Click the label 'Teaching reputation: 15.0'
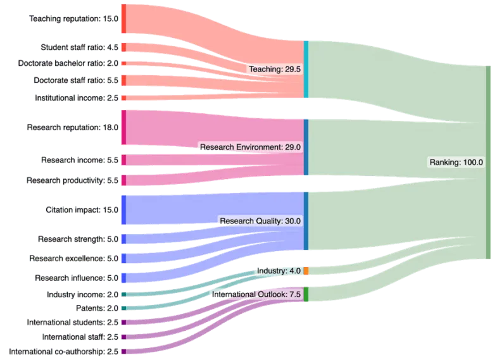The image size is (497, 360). click(x=73, y=19)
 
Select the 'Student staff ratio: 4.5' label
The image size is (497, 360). click(x=79, y=47)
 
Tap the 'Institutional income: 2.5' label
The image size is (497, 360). click(x=76, y=98)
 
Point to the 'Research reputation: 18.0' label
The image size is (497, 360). click(x=72, y=128)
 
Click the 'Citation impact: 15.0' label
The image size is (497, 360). click(x=82, y=209)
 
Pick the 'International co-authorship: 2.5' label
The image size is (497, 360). click(x=63, y=351)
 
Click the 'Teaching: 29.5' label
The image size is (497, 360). click(x=275, y=69)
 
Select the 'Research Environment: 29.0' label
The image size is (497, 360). click(x=250, y=147)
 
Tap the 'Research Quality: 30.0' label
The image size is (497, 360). click(x=260, y=221)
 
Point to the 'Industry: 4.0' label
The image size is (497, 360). click(x=279, y=271)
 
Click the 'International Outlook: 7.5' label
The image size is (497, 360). click(x=256, y=295)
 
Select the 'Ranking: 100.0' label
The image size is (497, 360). click(x=456, y=162)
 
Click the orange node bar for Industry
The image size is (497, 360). click(x=306, y=271)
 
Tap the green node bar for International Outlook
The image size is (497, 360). click(x=306, y=294)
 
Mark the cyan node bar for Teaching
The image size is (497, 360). click(x=306, y=70)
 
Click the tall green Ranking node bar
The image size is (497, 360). click(x=488, y=162)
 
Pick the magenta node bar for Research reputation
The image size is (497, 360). click(x=124, y=127)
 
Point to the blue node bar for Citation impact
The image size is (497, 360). click(x=124, y=209)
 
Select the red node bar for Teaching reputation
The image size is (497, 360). click(x=124, y=19)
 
